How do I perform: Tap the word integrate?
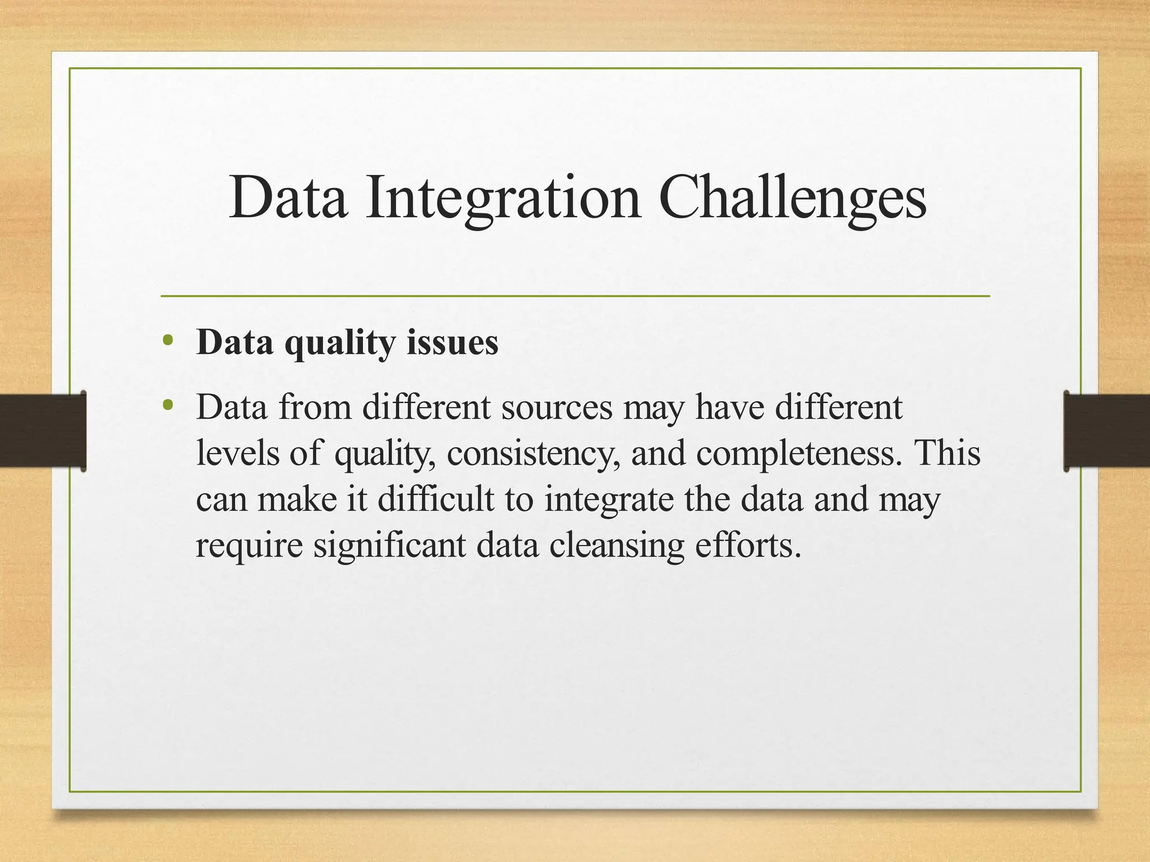pos(609,499)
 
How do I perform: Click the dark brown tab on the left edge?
pos(42,431)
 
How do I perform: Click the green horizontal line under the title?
pos(575,296)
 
